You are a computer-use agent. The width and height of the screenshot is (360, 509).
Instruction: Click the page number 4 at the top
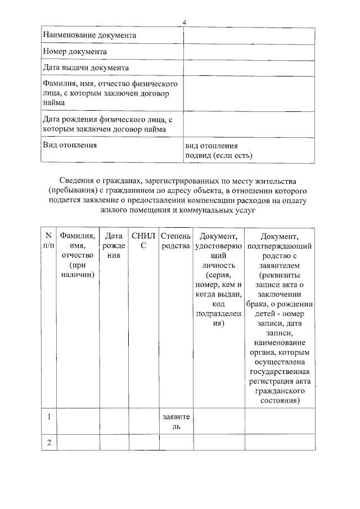[184, 22]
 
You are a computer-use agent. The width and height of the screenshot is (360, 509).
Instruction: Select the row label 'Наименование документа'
[90, 35]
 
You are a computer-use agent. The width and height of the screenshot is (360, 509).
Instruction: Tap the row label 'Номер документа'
[75, 52]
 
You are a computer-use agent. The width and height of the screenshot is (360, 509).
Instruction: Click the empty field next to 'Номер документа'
[249, 52]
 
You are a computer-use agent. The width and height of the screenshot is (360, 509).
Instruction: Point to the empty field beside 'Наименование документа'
[249, 35]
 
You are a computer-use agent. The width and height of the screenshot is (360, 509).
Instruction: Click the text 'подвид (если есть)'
[219, 155]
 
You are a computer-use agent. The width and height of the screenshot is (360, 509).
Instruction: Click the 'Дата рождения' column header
[114, 245]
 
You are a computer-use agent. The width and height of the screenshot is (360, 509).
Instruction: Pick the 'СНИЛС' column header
[143, 240]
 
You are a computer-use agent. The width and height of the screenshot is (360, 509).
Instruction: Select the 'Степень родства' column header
[176, 240]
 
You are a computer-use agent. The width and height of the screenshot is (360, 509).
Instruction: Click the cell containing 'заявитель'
[176, 422]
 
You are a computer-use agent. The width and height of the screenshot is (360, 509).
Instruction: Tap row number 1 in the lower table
[49, 417]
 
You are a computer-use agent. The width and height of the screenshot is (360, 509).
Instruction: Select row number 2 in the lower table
[49, 443]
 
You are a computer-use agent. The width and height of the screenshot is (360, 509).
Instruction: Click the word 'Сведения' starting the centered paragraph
[76, 181]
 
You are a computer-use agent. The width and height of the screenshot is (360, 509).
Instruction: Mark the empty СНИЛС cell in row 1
[143, 422]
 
